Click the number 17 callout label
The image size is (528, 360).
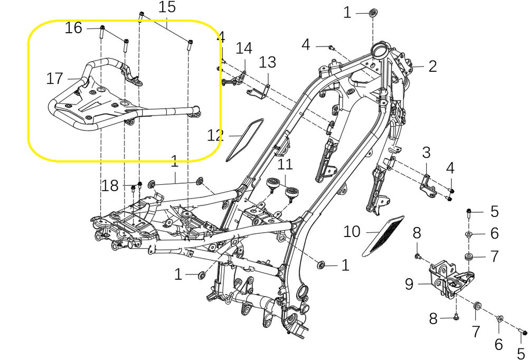coord(54,79)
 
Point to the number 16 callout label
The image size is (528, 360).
coord(73,28)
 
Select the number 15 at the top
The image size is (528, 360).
coord(167,8)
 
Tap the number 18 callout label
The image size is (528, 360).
coord(110,186)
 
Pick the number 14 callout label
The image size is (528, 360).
coord(244,49)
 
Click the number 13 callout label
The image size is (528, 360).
coord(267,62)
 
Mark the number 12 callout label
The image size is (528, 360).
coord(215,136)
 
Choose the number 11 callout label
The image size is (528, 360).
coord(285,164)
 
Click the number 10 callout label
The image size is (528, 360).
coord(352,232)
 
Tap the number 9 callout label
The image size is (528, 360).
coord(409,284)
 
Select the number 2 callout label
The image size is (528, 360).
coord(433,66)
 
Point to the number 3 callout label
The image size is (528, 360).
coord(426,154)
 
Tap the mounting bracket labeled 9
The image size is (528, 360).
coord(448,277)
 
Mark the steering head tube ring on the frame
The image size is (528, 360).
coord(380,52)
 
